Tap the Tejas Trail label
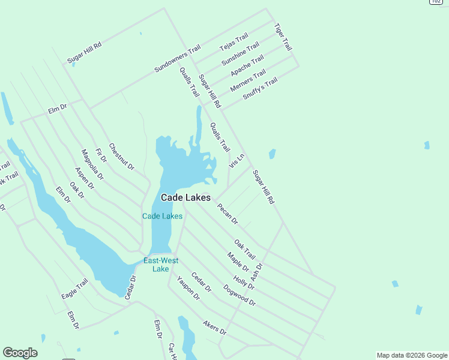point(234,43)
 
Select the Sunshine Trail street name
point(240,54)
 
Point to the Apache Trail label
point(247,65)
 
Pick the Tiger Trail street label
point(283,37)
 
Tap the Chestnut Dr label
point(122,156)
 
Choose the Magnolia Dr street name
point(92,164)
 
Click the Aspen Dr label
point(84,178)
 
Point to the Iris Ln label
point(237,161)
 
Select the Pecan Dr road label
point(228,213)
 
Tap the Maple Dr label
point(238,261)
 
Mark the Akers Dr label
point(214,328)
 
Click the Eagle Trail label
point(74,289)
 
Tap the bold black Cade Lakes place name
point(185,197)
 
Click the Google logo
point(20,353)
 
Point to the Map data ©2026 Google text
point(411,355)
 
